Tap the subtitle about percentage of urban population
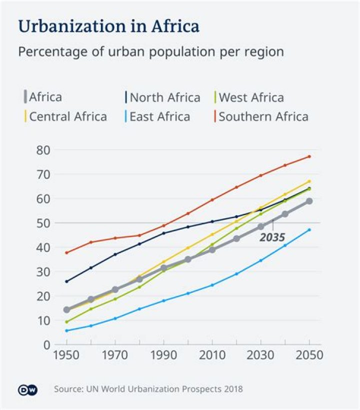click(x=151, y=52)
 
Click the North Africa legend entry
click(x=164, y=97)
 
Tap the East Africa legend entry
click(x=159, y=117)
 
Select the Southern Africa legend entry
click(x=263, y=117)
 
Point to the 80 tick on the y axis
click(x=43, y=150)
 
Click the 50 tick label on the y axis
click(x=43, y=223)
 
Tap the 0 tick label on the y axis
click(x=47, y=345)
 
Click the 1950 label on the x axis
click(x=66, y=355)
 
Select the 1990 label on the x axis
click(x=163, y=355)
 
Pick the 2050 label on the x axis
click(x=309, y=355)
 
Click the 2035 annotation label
click(x=272, y=237)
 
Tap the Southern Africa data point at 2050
click(x=309, y=157)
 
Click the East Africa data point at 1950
click(x=66, y=331)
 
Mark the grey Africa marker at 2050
click(x=309, y=201)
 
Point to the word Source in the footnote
click(x=68, y=389)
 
